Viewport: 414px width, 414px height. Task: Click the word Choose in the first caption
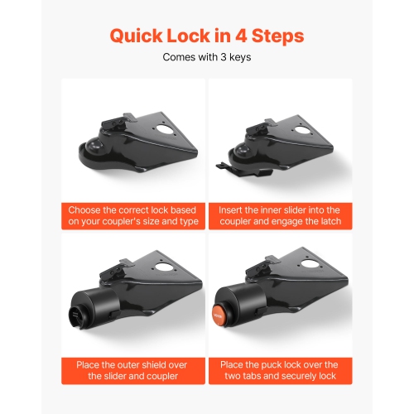point(87,210)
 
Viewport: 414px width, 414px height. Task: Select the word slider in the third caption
point(117,378)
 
